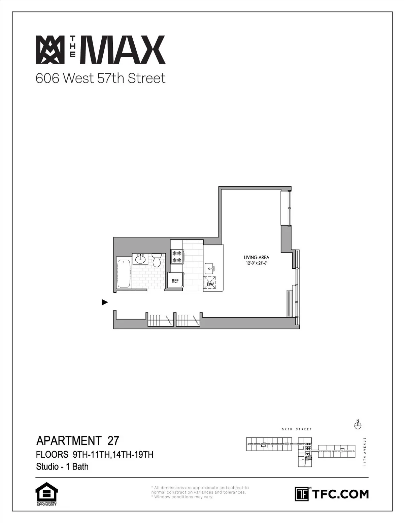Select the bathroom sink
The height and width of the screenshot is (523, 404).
(140, 259)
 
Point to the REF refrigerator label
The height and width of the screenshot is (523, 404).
(175, 281)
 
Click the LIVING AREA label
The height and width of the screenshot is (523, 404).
(257, 258)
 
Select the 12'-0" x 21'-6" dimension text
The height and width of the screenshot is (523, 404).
(258, 263)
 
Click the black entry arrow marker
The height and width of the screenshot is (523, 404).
(105, 302)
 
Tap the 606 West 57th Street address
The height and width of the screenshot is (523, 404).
(101, 78)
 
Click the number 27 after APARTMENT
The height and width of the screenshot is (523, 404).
(113, 440)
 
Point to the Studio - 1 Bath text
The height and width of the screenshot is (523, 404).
(62, 466)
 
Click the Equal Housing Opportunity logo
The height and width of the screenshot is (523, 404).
(46, 494)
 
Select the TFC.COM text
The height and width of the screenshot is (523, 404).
(340, 494)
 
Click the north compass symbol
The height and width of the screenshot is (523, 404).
(358, 425)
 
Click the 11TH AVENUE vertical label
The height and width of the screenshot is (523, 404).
(365, 451)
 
